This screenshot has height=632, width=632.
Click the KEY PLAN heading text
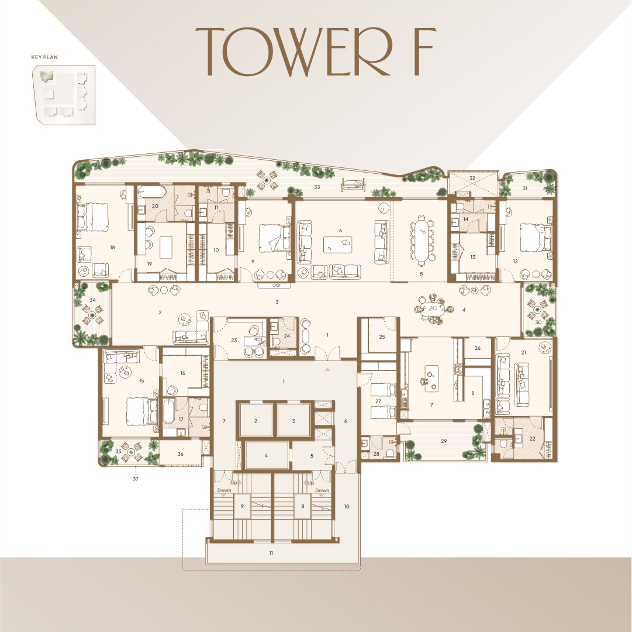pyautogui.click(x=44, y=57)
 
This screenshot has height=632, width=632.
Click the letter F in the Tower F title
pyautogui.click(x=423, y=51)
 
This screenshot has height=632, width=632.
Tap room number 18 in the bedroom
pyautogui.click(x=112, y=247)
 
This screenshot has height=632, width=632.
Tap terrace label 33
pyautogui.click(x=317, y=187)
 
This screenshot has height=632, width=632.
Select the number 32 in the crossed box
pyautogui.click(x=472, y=178)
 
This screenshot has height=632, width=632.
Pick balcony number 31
pyautogui.click(x=525, y=188)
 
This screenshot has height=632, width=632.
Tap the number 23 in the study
pyautogui.click(x=234, y=341)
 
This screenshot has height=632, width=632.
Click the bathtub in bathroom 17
pyautogui.click(x=170, y=411)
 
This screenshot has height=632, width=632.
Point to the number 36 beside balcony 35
pyautogui.click(x=180, y=454)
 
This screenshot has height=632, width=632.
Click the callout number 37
pyautogui.click(x=136, y=479)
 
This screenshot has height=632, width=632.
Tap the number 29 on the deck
pyautogui.click(x=444, y=441)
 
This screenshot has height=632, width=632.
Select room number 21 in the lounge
pyautogui.click(x=524, y=352)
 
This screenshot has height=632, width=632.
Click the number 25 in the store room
pyautogui.click(x=382, y=336)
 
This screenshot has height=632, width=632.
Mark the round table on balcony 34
pyautogui.click(x=93, y=315)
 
